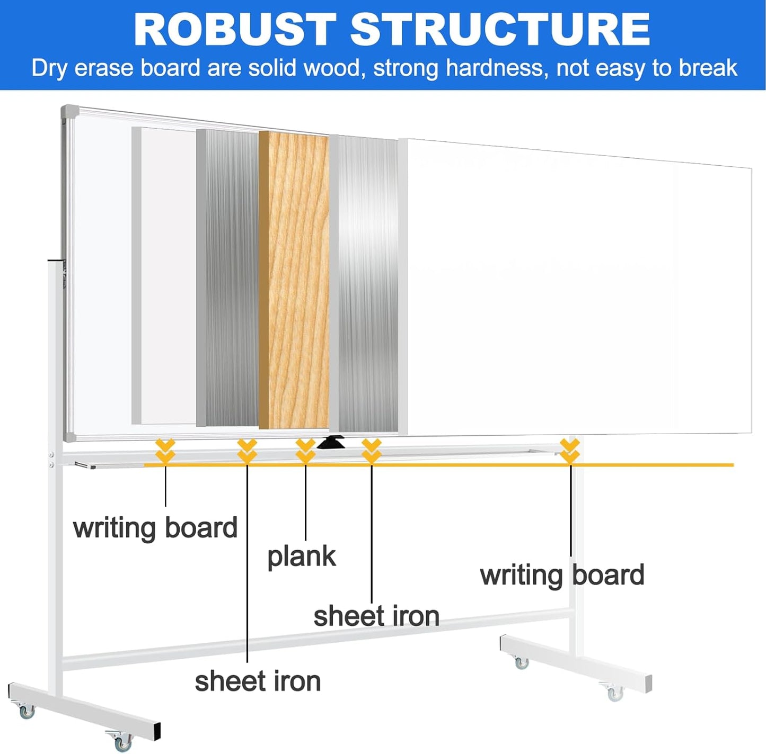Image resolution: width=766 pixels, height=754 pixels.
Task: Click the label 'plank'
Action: point(301,557)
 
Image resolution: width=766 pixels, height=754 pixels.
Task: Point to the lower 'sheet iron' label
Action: point(258,681)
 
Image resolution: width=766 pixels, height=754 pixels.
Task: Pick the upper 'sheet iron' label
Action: point(376,616)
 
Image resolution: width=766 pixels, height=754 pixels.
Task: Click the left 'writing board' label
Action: point(155,528)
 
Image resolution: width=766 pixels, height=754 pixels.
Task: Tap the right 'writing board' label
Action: point(562,575)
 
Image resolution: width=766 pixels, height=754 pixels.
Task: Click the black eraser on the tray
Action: point(331,442)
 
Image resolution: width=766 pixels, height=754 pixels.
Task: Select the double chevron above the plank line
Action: point(305,451)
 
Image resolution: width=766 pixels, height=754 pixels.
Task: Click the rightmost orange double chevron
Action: point(570,451)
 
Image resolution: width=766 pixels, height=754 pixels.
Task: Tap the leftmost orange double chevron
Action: point(165,451)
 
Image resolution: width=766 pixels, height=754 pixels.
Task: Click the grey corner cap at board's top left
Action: point(69,112)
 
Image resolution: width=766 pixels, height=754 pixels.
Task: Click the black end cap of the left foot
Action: point(156,732)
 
